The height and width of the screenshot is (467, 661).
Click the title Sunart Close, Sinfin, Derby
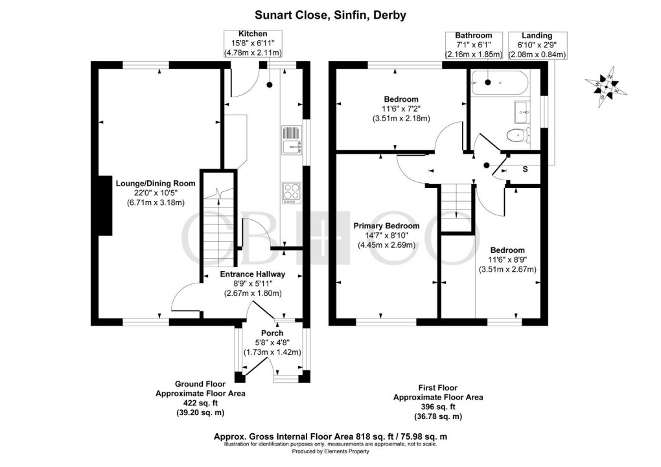click(x=330, y=15)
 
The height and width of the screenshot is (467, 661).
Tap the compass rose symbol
click(x=608, y=84)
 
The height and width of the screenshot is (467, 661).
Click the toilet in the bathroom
click(x=518, y=136)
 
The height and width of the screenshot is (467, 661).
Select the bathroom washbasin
click(x=522, y=112)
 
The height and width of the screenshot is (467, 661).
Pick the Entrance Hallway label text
click(x=253, y=274)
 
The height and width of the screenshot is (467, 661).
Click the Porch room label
click(x=268, y=333)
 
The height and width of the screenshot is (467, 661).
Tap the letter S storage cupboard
click(x=524, y=168)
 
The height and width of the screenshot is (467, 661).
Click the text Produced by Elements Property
click(x=330, y=451)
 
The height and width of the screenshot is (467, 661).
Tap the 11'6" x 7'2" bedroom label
click(x=400, y=109)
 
